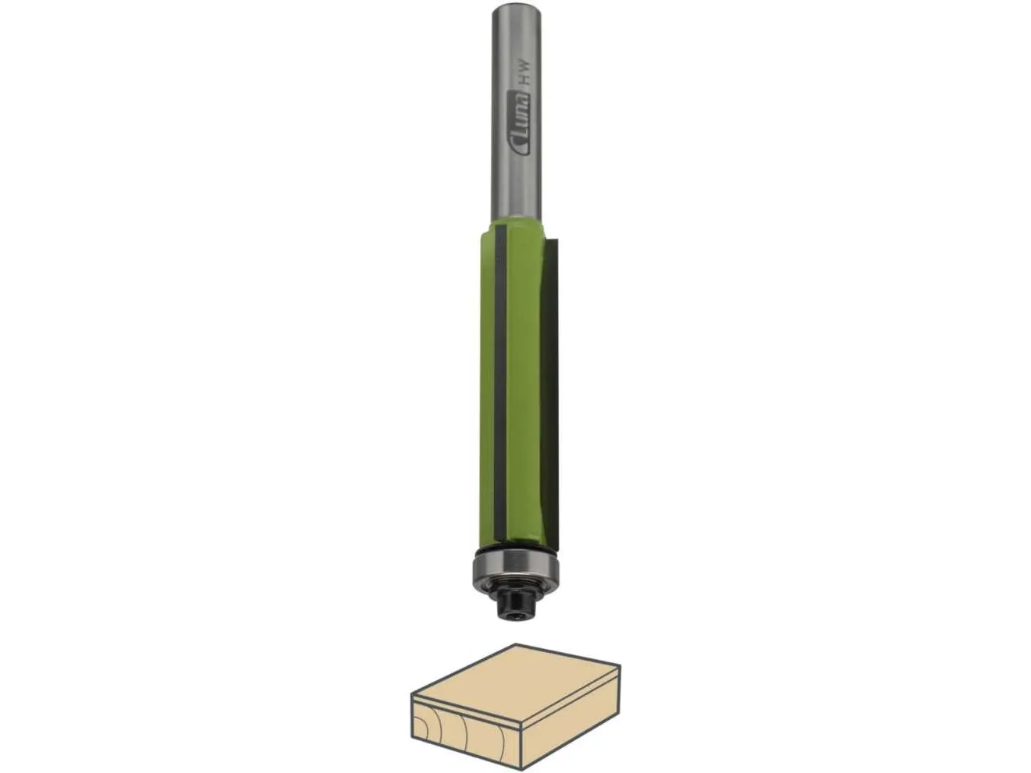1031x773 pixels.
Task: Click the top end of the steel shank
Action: tap(516, 5)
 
